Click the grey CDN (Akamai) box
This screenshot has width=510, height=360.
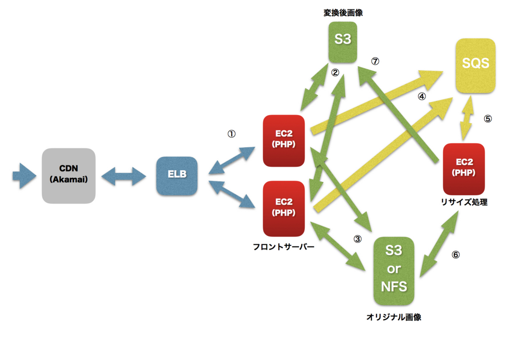[68, 176]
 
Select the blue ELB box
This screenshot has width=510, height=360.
[177, 176]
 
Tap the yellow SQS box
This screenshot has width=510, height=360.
[475, 65]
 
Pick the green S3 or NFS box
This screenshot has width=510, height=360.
[394, 271]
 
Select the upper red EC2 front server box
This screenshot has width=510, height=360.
[283, 140]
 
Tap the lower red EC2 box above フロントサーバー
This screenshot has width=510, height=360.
[283, 208]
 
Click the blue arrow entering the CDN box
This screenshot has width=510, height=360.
[24, 176]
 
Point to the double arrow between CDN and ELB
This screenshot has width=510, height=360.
[123, 176]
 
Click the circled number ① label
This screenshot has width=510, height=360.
[231, 134]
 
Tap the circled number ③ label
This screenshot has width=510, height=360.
[357, 239]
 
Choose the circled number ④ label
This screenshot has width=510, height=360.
[421, 97]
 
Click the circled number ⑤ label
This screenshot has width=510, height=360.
[487, 119]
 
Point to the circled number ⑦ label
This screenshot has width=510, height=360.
[376, 61]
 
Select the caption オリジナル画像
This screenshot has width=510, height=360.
[393, 317]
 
